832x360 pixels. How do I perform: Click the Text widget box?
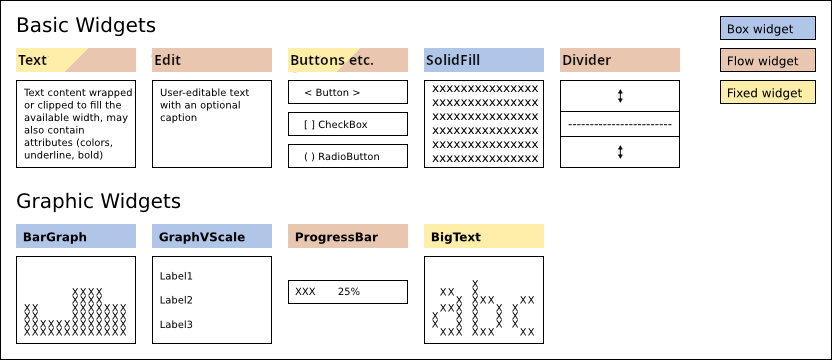click(x=76, y=60)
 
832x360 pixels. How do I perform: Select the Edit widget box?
click(x=212, y=60)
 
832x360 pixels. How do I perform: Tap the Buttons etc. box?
click(x=348, y=60)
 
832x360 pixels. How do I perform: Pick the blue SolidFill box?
click(x=484, y=60)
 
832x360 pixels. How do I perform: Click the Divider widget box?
click(x=620, y=60)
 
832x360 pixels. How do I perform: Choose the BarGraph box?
click(x=76, y=236)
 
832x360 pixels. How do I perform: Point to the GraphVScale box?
click(x=212, y=236)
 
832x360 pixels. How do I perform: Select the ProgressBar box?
click(x=348, y=236)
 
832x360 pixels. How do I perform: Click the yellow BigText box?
click(x=484, y=236)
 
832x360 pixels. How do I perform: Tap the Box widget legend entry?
click(x=768, y=29)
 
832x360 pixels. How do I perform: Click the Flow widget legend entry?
click(x=768, y=61)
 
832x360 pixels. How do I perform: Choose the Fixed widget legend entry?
click(x=768, y=93)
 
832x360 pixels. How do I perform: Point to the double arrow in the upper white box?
click(x=620, y=96)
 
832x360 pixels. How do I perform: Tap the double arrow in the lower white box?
click(x=620, y=152)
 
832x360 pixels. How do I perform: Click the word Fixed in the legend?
click(x=742, y=93)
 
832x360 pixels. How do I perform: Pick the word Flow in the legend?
click(x=741, y=61)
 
